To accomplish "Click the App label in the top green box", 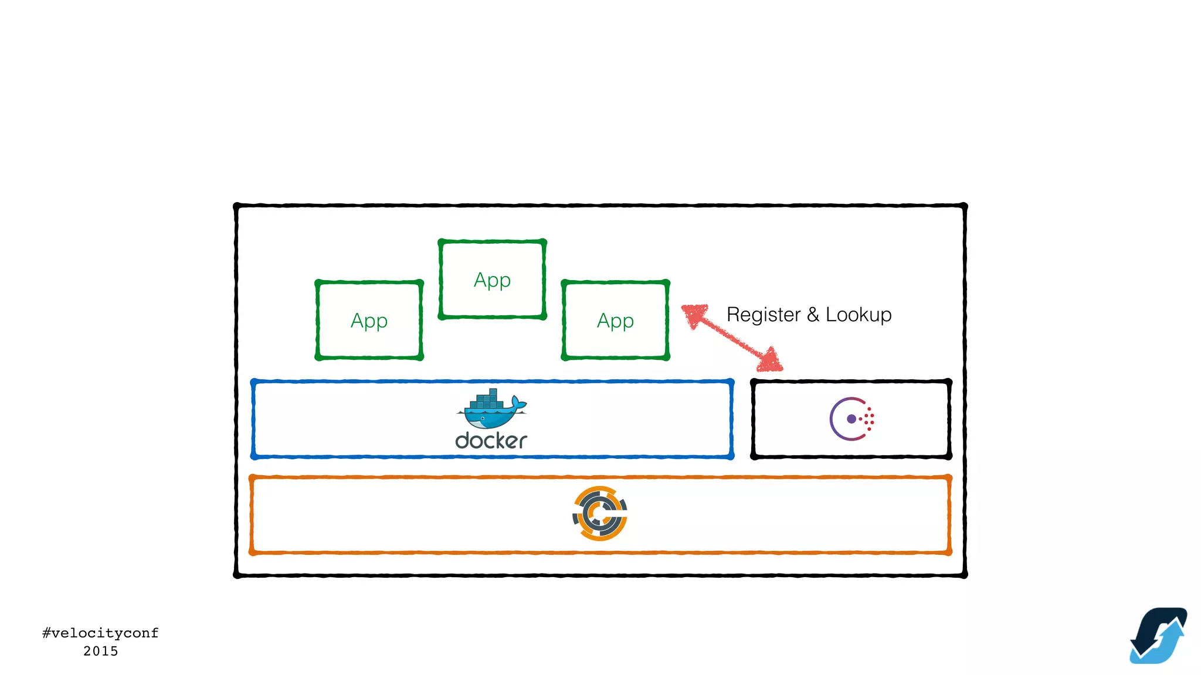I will pos(492,280).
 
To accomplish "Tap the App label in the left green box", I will pos(369,321).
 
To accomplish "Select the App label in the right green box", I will pos(615,321).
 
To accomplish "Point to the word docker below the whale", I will pos(491,441).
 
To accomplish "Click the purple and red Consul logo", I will pos(851,419).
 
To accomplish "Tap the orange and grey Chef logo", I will pos(599,513).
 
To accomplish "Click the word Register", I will pos(763,315).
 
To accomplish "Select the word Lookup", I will pos(859,315).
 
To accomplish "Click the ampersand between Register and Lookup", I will pos(813,315).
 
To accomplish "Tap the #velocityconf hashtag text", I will pos(100,633).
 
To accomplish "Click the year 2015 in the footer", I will pos(100,651).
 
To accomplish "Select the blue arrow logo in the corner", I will pos(1158,636).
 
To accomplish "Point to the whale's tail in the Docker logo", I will pos(518,403).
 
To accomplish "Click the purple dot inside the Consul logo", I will pos(851,419).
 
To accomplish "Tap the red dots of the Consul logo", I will pos(869,419).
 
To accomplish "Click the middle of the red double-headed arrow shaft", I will pos(732,338).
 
